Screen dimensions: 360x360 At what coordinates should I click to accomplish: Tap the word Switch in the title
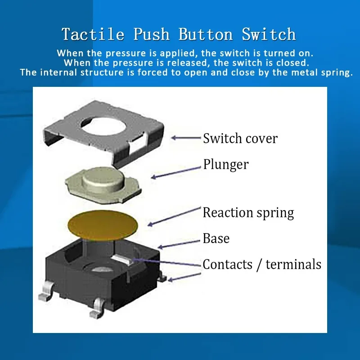click(x=269, y=34)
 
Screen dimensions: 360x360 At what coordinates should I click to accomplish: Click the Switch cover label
click(x=240, y=138)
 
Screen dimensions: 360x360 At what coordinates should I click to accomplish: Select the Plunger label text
click(x=225, y=164)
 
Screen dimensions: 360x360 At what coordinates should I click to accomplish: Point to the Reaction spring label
click(x=248, y=212)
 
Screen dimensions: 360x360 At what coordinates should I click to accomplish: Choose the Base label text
click(x=216, y=238)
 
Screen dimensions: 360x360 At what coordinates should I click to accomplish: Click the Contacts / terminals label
click(x=262, y=264)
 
